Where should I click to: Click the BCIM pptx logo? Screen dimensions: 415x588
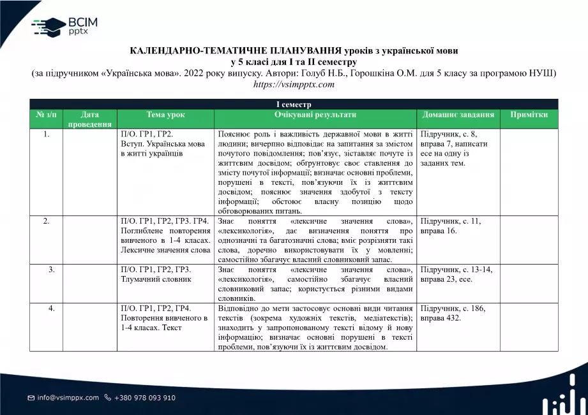pos(64,25)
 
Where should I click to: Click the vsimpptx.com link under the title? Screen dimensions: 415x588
pos(294,84)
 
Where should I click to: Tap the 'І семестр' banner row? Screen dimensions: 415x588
pos(294,104)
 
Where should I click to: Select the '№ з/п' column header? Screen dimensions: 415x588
pos(46,115)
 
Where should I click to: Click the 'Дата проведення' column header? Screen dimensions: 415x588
pos(90,119)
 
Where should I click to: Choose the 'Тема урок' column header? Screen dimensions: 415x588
pos(166,115)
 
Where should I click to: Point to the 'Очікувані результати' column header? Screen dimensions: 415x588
pos(315,115)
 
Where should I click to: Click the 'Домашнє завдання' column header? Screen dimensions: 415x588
pos(458,115)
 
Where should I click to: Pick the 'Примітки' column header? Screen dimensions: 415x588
pos(529,115)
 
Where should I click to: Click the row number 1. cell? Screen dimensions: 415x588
pos(46,135)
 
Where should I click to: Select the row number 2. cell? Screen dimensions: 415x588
pos(46,221)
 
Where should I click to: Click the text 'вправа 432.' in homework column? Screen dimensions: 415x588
pos(441,318)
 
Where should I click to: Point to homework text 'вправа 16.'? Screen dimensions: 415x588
pos(439,231)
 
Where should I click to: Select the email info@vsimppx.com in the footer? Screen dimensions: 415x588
pos(68,398)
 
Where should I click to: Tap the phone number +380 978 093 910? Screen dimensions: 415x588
pos(145,398)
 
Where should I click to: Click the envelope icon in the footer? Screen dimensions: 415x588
pos(31,398)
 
